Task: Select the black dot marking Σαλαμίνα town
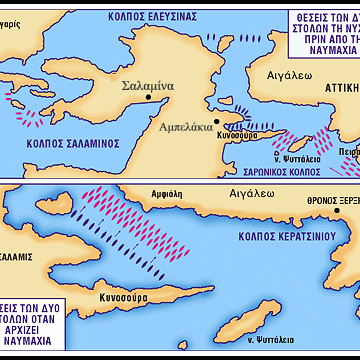click(149, 97)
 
